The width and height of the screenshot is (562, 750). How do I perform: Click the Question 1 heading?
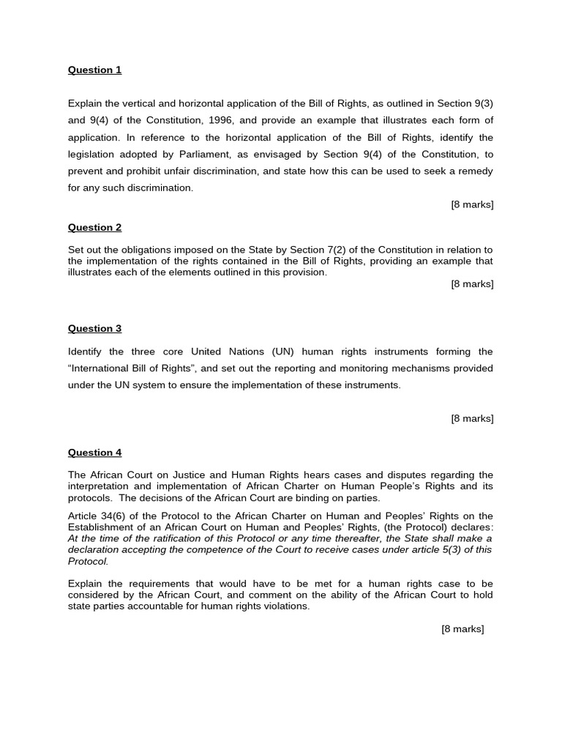click(94, 70)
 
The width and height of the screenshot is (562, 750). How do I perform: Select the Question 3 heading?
click(94, 329)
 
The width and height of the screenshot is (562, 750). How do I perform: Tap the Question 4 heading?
click(94, 453)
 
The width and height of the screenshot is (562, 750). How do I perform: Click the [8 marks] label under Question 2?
click(472, 284)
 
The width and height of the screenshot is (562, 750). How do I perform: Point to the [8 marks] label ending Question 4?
click(462, 629)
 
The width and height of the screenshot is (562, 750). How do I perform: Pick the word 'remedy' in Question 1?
click(476, 171)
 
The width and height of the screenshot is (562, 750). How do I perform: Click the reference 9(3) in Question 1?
click(482, 104)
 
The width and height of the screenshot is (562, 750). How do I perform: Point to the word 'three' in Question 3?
click(138, 352)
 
